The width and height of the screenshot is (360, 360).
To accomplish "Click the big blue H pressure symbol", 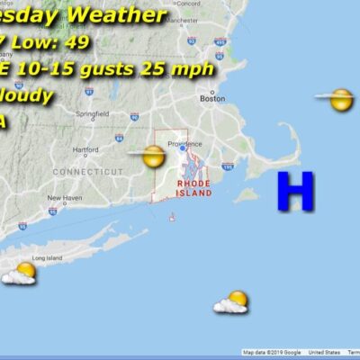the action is coord(294,191).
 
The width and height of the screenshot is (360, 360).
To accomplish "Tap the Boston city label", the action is coord(212,99).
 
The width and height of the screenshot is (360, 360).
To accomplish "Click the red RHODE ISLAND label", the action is coord(194,189).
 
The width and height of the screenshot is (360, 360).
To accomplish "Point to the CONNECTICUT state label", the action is coord(87,171).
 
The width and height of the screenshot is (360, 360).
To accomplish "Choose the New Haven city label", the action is coord(65,197).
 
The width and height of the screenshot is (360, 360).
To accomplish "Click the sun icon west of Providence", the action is coord(153,157).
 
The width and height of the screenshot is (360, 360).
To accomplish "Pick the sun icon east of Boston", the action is coord(340,99).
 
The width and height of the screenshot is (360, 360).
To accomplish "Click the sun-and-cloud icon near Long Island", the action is coord(21,273).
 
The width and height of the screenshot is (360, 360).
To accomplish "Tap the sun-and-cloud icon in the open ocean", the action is coord(232,301).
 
